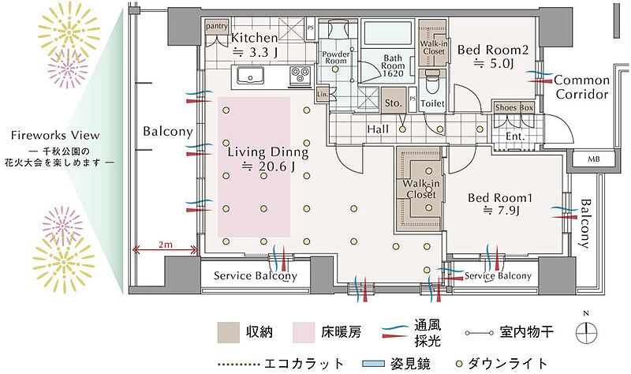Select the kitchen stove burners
(x=301, y=76)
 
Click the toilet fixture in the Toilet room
(x=431, y=81)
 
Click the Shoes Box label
(x=514, y=107)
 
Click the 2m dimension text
(x=164, y=245)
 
